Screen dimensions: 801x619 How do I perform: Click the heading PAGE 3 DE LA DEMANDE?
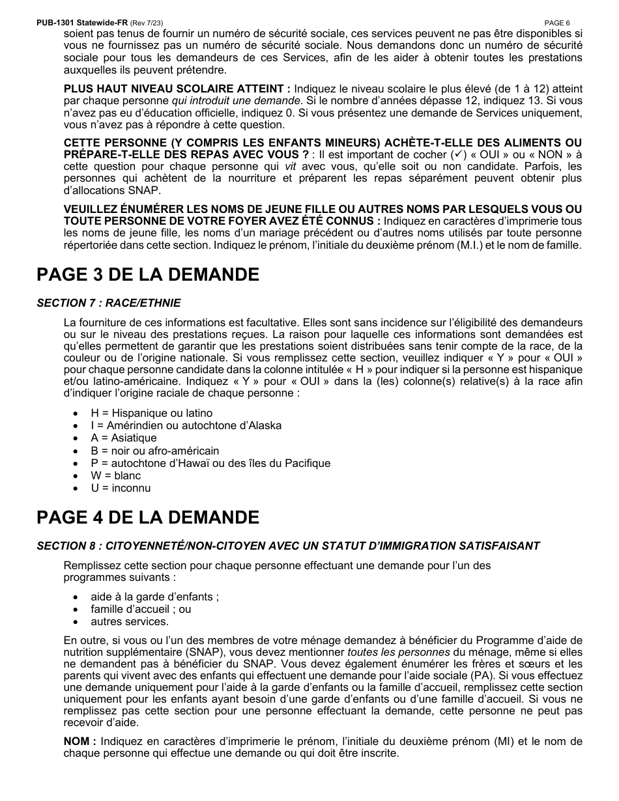(148, 275)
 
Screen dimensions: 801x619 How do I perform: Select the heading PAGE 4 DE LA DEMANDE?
(148, 518)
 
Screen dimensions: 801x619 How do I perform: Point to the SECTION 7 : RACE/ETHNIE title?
(109, 303)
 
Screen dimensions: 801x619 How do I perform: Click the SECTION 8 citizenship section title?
(288, 546)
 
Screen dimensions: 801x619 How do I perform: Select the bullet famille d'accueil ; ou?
(141, 609)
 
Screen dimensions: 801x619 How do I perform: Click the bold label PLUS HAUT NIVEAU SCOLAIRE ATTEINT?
(177, 89)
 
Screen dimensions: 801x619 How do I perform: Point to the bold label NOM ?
(79, 741)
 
